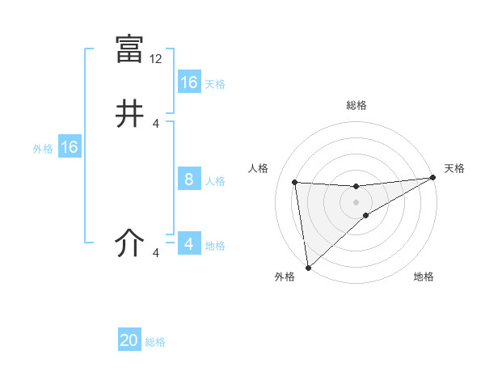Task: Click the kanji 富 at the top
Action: click(130, 49)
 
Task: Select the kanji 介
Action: click(130, 243)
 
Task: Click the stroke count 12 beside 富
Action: click(157, 59)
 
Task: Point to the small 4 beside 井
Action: click(156, 124)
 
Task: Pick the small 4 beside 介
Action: click(156, 253)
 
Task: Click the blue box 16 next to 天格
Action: click(189, 82)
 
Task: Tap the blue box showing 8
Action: click(189, 179)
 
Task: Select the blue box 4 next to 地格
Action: click(189, 244)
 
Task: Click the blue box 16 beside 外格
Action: click(70, 147)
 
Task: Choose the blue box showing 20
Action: click(129, 341)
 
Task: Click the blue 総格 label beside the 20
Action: click(156, 342)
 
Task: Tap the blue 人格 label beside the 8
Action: click(215, 181)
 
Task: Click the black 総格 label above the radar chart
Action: click(356, 105)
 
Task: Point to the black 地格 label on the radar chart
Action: click(424, 277)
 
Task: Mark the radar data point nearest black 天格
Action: click(432, 178)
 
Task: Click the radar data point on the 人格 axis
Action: click(295, 182)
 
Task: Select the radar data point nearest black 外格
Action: click(308, 268)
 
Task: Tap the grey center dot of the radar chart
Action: click(356, 202)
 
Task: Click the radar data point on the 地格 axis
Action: click(366, 215)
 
